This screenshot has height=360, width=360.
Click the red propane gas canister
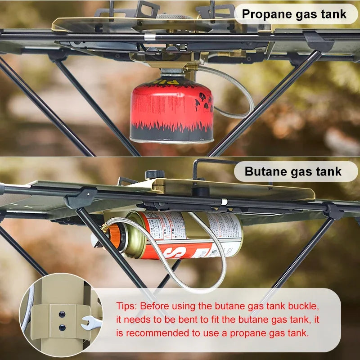(x=171, y=110)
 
